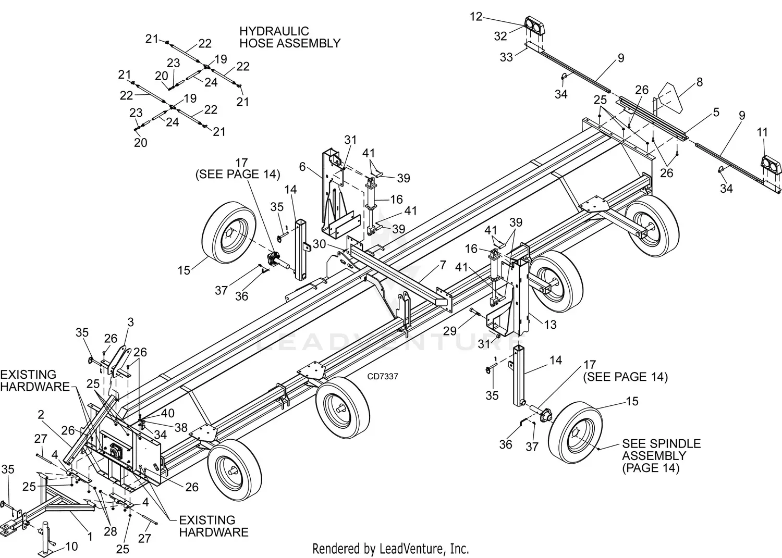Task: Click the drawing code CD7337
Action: pos(382,376)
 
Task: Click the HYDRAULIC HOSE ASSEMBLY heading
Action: pos(289,38)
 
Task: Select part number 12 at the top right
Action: pos(476,17)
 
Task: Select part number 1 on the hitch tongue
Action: pos(90,536)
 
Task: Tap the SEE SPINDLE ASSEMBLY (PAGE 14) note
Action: pos(661,455)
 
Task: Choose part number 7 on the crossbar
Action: pos(443,265)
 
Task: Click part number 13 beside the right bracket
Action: pos(550,325)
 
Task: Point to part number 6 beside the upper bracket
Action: pos(302,166)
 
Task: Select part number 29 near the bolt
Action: pos(450,330)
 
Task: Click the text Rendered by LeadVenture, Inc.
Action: pos(390,548)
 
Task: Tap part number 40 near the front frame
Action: pos(168,413)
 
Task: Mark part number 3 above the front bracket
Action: pos(130,322)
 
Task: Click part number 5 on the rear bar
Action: pos(716,113)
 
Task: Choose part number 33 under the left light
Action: pos(506,57)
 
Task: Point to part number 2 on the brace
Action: pos(41,415)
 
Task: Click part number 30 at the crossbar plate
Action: pos(319,244)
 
